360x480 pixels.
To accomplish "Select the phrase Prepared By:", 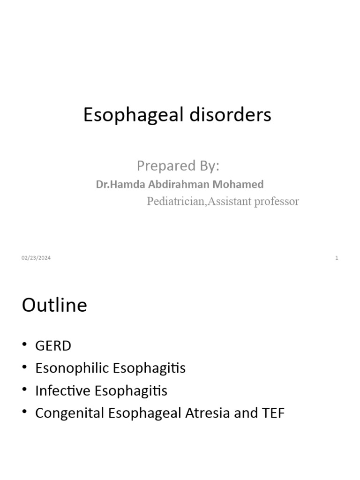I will tap(178, 166).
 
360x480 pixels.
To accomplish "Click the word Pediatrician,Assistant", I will tap(197, 202).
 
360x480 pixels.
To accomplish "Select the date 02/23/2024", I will tap(36, 258).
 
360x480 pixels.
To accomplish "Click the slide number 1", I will tap(337, 258).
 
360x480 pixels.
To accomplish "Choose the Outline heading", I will tap(54, 305).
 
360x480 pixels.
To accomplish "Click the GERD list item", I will tap(53, 346).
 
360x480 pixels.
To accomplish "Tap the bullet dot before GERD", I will tap(24, 345).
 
